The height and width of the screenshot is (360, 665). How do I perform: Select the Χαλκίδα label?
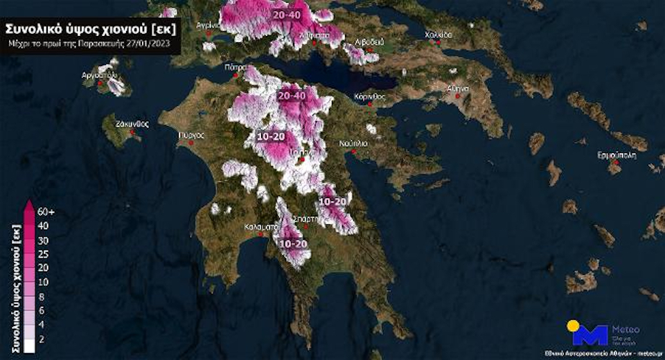438,34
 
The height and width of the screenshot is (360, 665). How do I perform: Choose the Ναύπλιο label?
353,143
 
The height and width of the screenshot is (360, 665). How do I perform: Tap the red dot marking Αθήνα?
457,98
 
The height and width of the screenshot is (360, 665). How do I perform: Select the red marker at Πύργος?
190,143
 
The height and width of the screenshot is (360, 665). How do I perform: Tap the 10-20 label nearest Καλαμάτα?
292,244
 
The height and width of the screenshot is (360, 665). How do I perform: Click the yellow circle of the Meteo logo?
573,325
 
